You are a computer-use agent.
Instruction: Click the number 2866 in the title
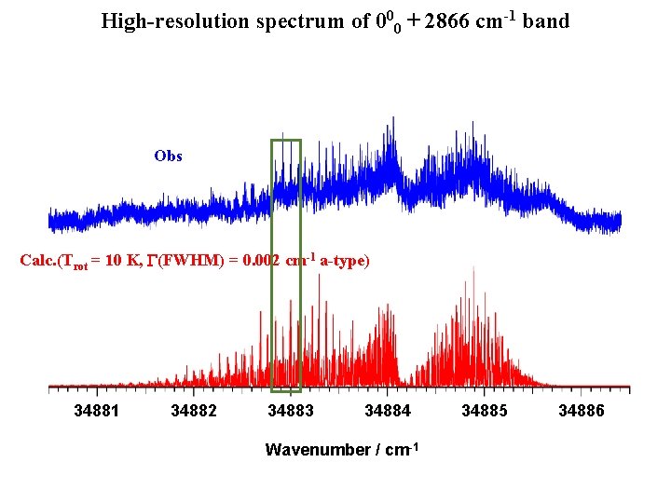click(446, 20)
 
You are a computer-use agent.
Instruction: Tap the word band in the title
click(546, 20)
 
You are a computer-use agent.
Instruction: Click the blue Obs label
click(168, 156)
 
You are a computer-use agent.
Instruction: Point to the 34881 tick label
click(97, 411)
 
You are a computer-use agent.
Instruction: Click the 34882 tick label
click(194, 411)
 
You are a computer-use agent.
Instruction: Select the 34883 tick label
click(291, 411)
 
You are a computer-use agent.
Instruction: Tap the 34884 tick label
click(388, 411)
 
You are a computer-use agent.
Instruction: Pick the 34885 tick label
click(485, 411)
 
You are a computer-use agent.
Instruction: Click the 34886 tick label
click(582, 411)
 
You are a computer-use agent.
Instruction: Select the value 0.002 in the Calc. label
click(262, 261)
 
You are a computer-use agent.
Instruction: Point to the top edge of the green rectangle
click(286, 140)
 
